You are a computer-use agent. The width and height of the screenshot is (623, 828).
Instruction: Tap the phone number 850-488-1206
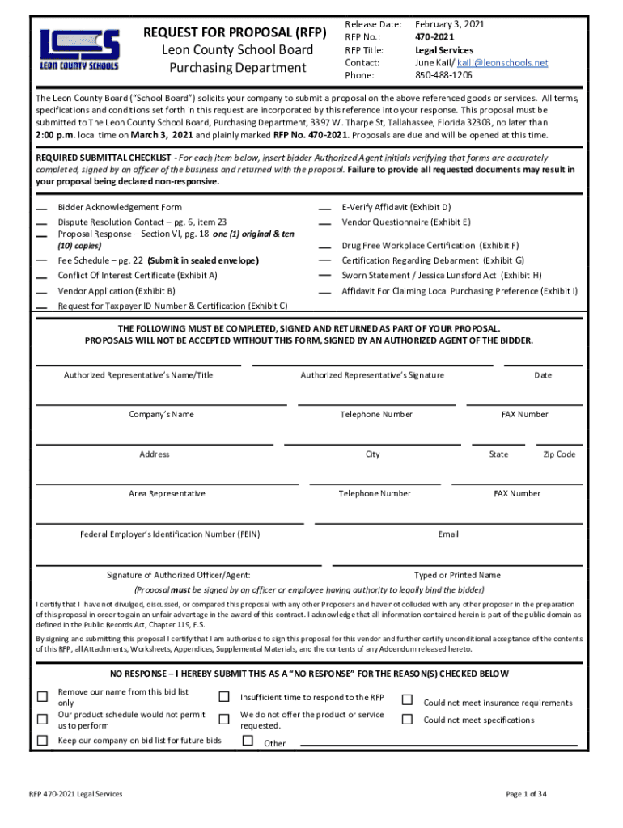[x=443, y=75]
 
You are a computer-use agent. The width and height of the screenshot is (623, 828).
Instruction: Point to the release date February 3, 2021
[x=450, y=25]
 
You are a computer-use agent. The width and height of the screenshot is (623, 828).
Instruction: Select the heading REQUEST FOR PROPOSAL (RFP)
[x=235, y=33]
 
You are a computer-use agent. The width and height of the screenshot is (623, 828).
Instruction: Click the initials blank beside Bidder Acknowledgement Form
[x=41, y=209]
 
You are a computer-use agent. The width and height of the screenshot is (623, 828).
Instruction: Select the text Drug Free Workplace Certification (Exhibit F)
[x=430, y=246]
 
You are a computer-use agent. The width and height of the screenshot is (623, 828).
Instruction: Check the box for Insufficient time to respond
[x=224, y=697]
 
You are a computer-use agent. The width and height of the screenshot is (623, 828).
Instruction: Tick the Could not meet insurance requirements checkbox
[x=408, y=699]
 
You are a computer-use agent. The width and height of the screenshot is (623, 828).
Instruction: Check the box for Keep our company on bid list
[x=42, y=741]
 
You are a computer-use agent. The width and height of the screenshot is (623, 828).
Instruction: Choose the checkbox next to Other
[x=248, y=741]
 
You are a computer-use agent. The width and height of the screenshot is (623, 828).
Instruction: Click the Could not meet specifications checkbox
[x=408, y=719]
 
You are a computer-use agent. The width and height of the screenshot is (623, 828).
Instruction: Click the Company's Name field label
[x=162, y=415]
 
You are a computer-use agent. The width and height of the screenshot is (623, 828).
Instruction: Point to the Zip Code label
[x=559, y=454]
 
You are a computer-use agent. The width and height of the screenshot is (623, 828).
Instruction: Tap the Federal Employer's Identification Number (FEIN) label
[x=170, y=534]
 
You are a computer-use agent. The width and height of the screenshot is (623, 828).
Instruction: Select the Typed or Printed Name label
[x=457, y=576]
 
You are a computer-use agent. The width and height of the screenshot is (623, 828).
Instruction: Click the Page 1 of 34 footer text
[x=526, y=795]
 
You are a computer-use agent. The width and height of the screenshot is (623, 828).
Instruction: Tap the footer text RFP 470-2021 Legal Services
[x=76, y=795]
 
